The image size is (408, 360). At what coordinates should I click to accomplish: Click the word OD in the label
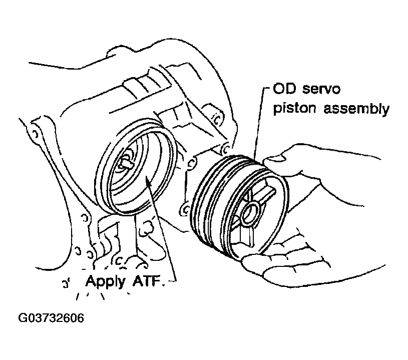click(284, 89)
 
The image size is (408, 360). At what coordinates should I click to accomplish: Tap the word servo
click(321, 89)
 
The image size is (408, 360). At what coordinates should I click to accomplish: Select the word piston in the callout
click(295, 109)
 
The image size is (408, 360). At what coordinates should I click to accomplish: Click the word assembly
click(356, 109)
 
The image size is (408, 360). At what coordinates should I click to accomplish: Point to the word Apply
click(106, 282)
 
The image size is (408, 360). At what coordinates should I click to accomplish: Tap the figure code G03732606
click(51, 318)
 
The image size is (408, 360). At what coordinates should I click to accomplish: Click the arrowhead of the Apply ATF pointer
click(148, 180)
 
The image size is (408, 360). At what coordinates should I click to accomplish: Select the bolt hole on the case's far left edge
click(35, 134)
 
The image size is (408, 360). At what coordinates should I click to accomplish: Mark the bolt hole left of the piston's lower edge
click(185, 210)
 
